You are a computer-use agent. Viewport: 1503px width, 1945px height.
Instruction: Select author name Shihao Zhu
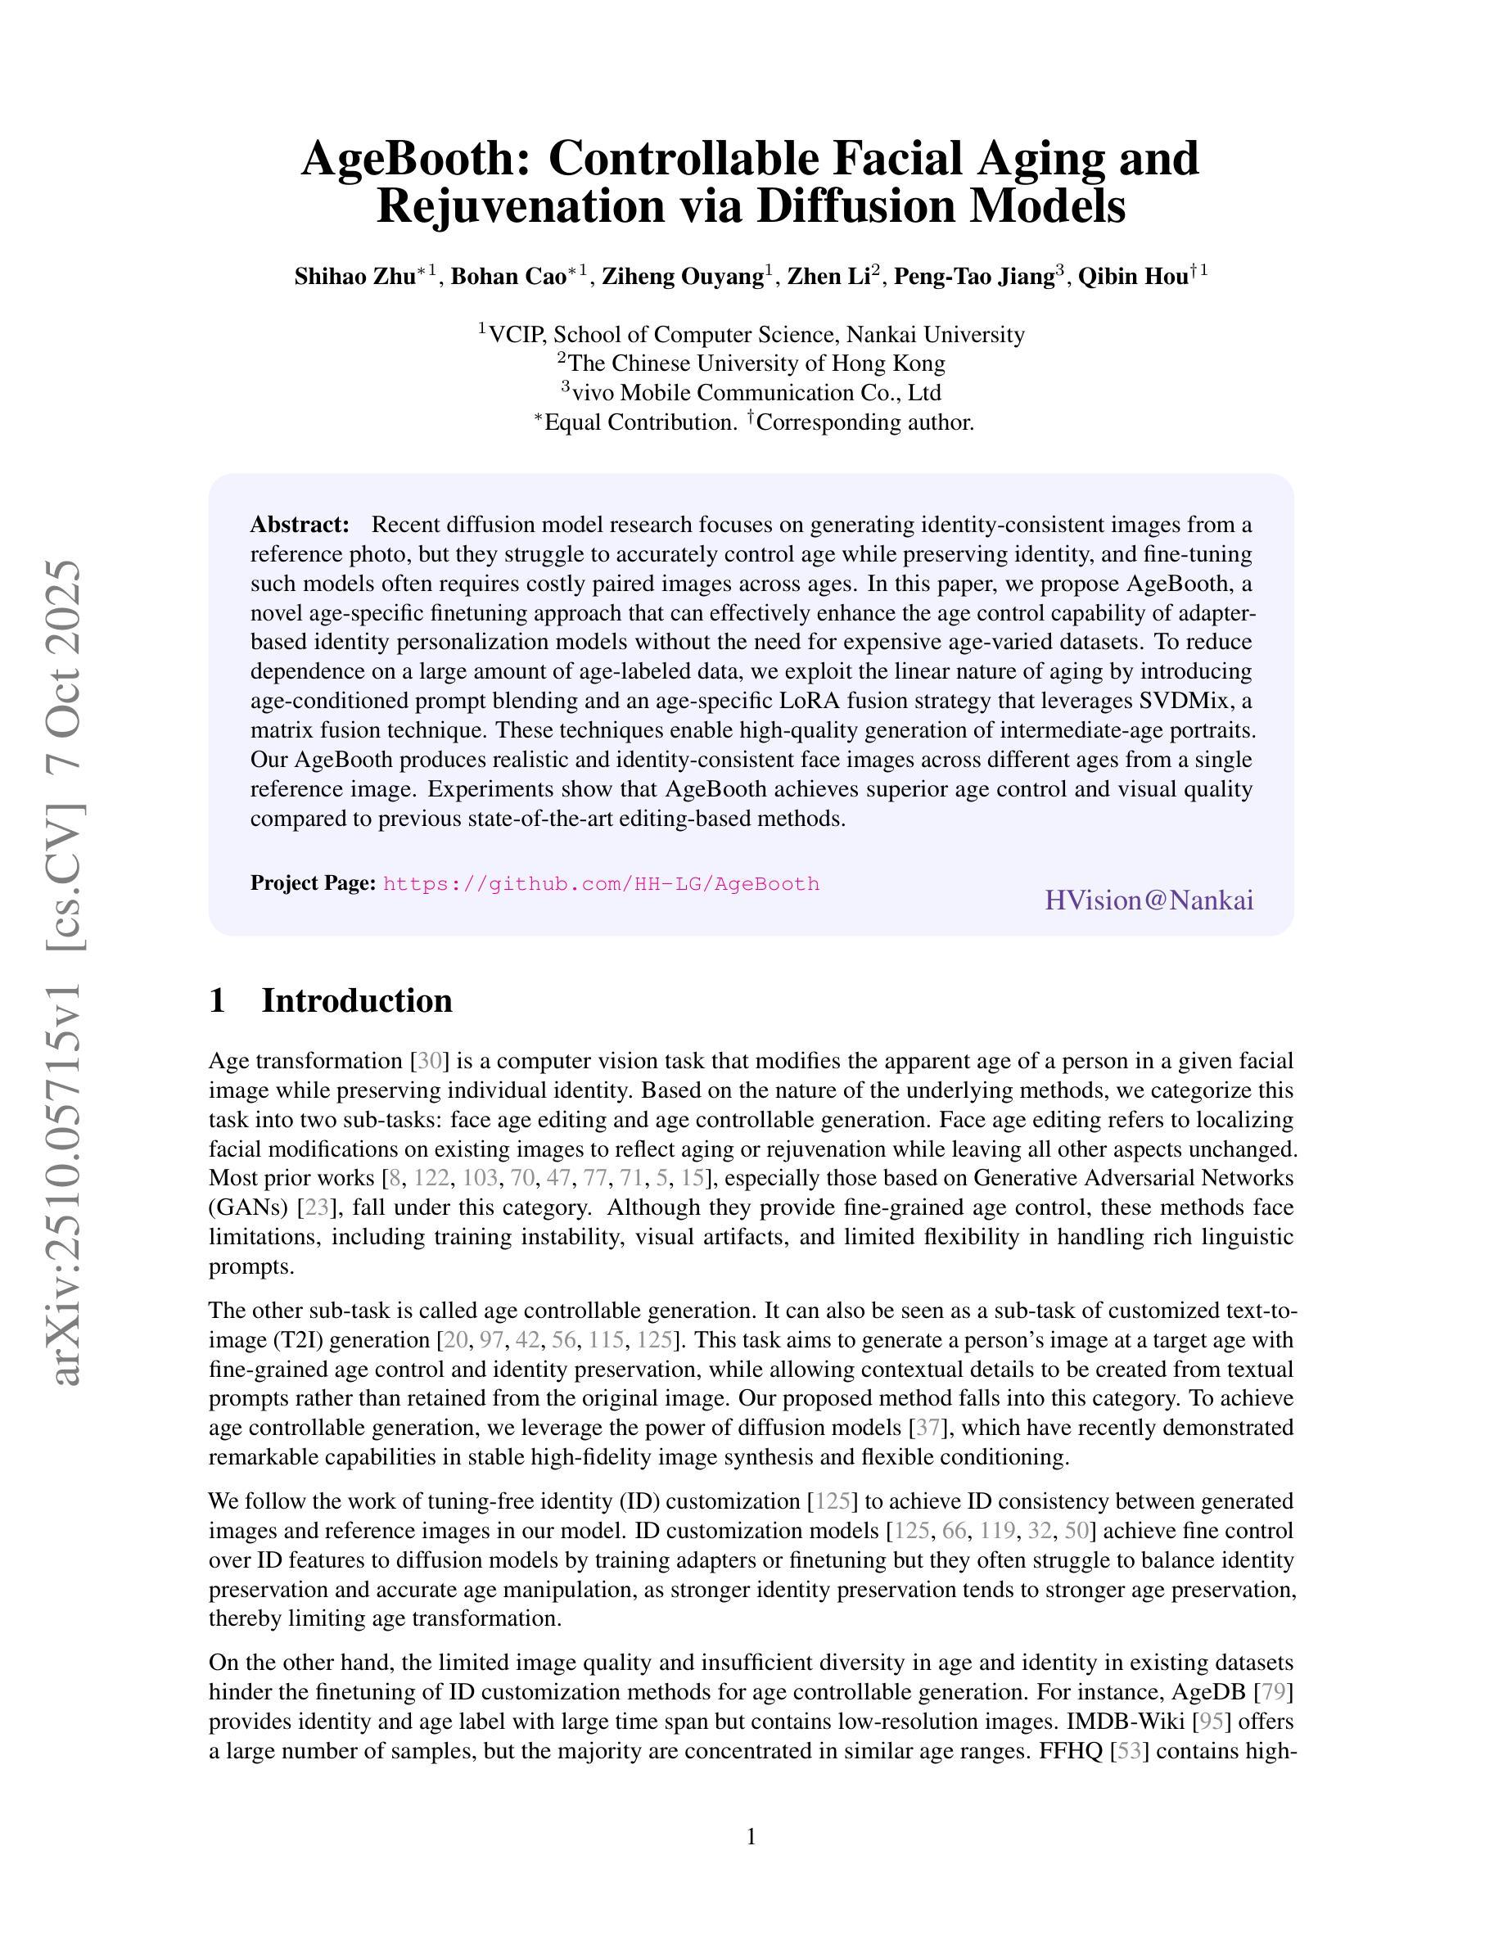354,277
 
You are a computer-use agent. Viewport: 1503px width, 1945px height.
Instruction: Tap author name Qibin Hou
1133,277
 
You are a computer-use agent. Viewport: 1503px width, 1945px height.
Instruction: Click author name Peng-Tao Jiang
974,277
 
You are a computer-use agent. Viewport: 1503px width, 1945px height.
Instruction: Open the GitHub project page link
601,884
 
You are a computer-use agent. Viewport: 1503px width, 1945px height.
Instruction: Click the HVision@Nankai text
1149,900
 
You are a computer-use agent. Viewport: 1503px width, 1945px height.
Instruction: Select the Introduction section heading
356,1000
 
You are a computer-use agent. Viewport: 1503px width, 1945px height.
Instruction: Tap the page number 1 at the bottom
751,1836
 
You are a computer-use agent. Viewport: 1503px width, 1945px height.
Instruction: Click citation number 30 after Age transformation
429,1061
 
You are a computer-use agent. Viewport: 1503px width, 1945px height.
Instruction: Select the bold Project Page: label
313,882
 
